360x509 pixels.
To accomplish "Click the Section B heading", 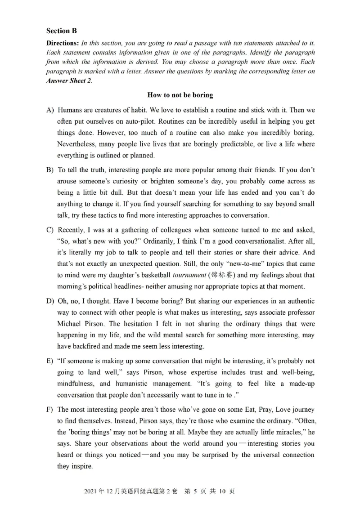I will coord(61,31).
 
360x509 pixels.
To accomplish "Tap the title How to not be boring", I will coord(180,95).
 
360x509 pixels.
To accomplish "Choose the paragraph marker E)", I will coord(50,362).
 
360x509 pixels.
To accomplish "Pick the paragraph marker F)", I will coord(50,410).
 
